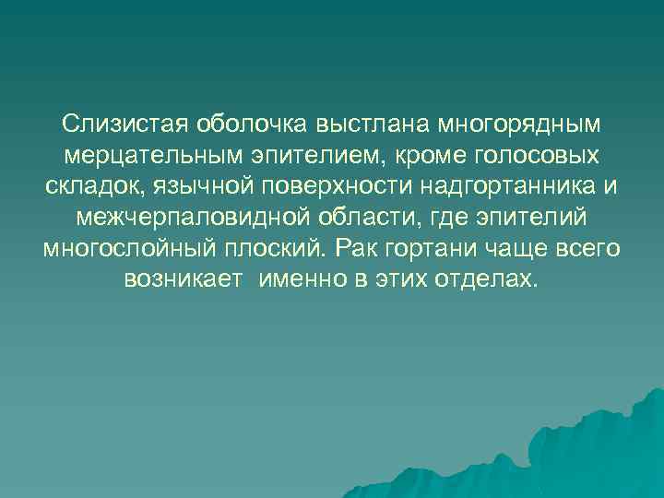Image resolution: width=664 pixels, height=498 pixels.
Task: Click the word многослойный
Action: pos(124,248)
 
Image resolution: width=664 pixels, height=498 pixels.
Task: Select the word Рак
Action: pos(354,248)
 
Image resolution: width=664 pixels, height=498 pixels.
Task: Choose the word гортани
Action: pos(424,248)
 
